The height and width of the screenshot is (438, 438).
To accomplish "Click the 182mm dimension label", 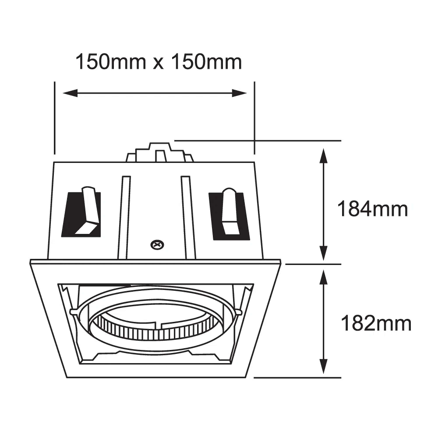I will [x=376, y=324].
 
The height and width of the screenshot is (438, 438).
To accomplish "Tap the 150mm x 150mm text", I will [x=159, y=62].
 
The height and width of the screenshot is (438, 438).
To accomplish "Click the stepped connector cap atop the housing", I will [x=159, y=153].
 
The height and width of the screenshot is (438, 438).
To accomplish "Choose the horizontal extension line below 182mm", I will [x=298, y=377].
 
